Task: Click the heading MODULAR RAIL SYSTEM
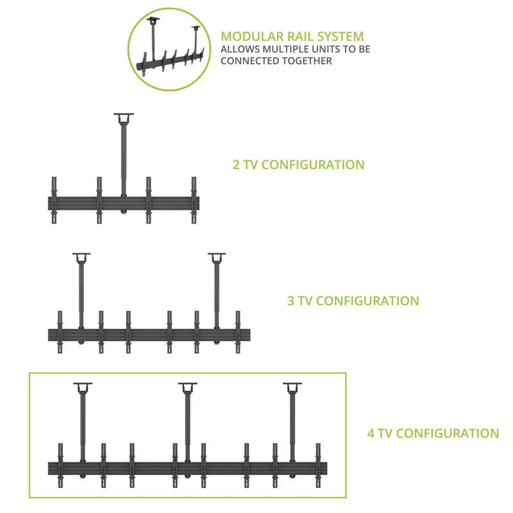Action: click(292, 36)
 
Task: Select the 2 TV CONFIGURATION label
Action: click(298, 164)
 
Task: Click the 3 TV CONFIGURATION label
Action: click(353, 300)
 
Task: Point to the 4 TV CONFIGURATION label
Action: click(433, 433)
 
